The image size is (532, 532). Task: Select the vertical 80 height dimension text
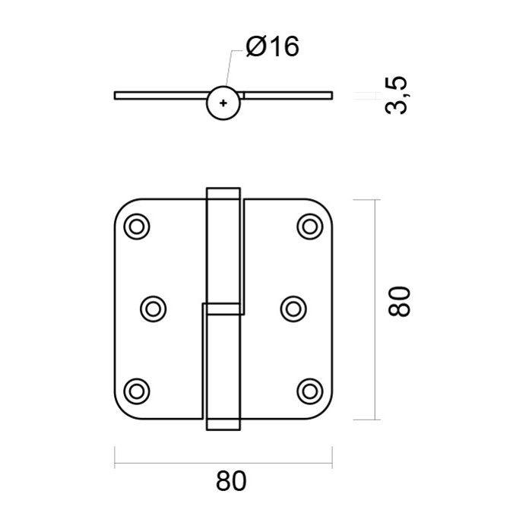click(401, 301)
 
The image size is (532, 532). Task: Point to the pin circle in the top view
click(223, 103)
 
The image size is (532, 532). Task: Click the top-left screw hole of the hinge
click(138, 226)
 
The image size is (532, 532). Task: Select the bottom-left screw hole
click(138, 390)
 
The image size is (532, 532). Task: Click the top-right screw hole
click(309, 226)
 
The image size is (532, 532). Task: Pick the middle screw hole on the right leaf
click(293, 308)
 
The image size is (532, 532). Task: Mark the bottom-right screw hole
click(309, 390)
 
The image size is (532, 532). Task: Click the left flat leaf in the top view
click(160, 96)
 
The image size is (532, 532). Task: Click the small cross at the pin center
click(223, 103)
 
